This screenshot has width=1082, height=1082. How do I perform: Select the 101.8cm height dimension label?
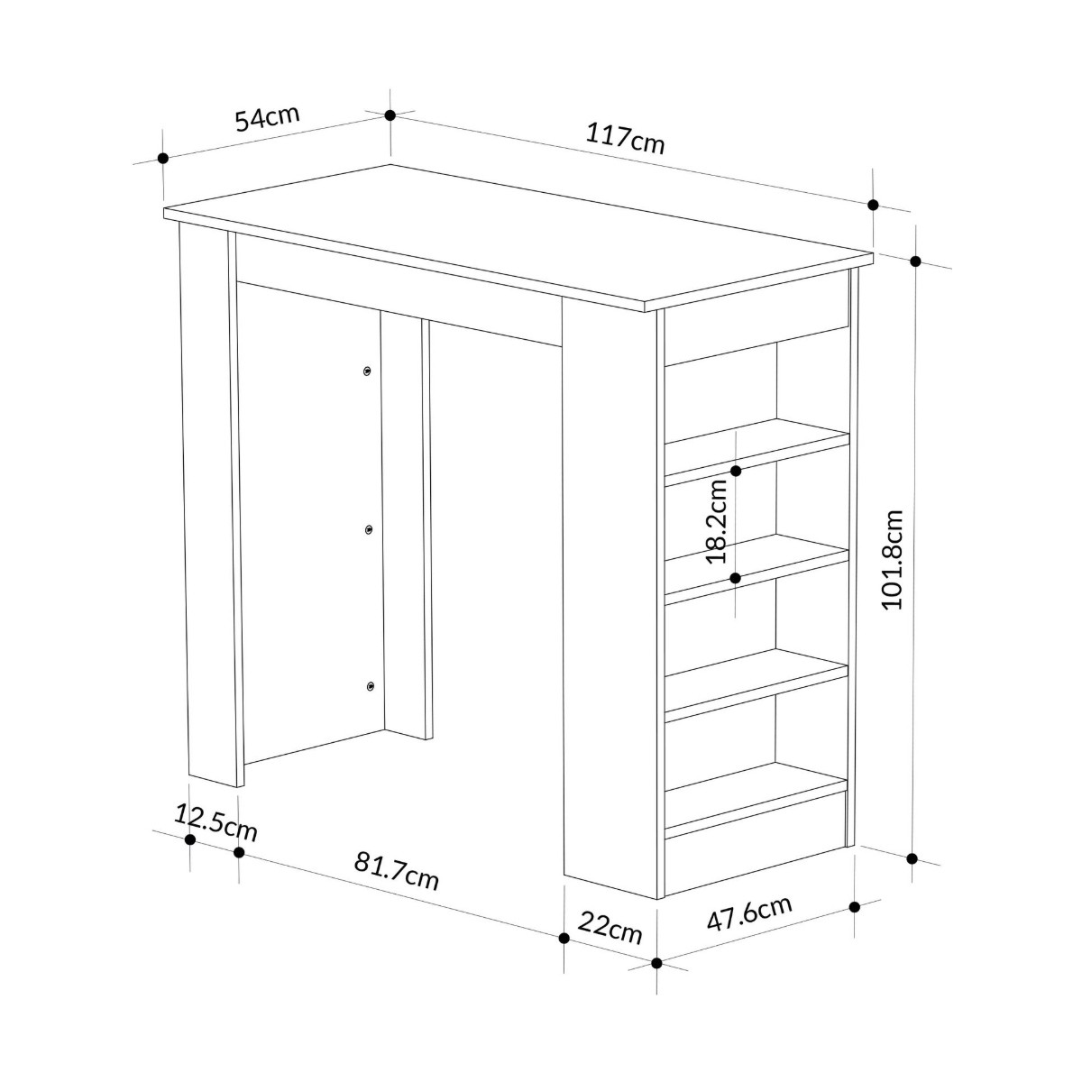tap(892, 560)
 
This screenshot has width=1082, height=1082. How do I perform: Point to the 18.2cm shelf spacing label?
tap(716, 522)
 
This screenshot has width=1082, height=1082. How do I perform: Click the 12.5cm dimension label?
tap(216, 822)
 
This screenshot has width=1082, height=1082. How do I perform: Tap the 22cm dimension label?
tap(610, 929)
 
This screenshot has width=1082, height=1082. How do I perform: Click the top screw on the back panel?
tap(367, 371)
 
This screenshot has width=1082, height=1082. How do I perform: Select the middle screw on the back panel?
tap(369, 529)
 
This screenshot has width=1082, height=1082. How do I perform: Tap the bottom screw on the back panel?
tap(370, 685)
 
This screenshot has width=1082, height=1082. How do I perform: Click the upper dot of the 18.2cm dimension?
tap(736, 471)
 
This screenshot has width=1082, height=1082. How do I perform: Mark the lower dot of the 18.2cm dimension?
tap(736, 578)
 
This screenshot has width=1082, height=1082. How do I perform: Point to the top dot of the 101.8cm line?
tap(915, 261)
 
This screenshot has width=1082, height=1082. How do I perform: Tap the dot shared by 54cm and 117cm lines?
tap(390, 115)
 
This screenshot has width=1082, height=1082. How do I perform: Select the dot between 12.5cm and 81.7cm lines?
tap(239, 852)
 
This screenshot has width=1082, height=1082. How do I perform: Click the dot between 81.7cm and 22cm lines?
tap(564, 939)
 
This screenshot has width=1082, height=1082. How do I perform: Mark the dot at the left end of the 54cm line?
tap(163, 159)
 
